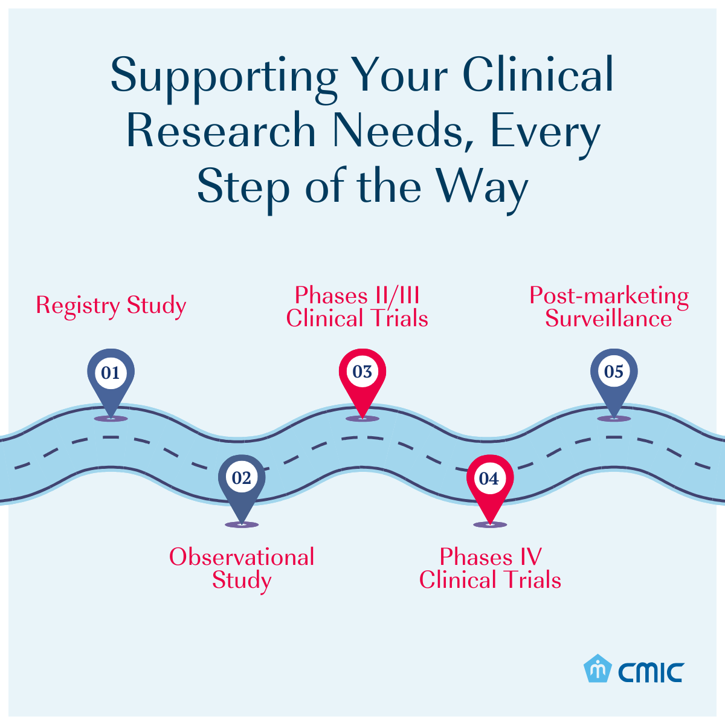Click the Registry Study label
[x=111, y=306]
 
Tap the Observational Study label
[x=242, y=569]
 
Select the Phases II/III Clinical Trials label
[x=357, y=307]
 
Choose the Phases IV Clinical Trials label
[x=490, y=569]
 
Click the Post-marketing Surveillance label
[x=609, y=307]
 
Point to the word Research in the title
[x=221, y=131]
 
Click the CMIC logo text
[x=651, y=671]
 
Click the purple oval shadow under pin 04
[x=490, y=525]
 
